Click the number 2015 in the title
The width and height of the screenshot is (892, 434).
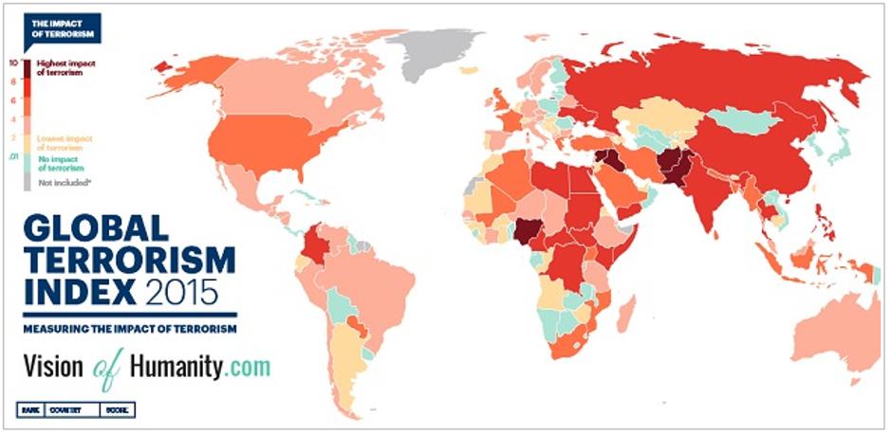pos(181,288)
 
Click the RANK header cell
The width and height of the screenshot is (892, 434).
pos(30,410)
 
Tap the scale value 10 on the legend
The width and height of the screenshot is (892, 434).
pos(14,63)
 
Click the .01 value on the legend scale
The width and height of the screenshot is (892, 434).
pos(14,157)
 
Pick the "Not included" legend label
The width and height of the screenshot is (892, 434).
pos(58,179)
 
